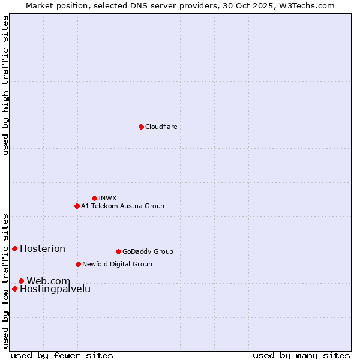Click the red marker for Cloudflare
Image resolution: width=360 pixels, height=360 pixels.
click(x=141, y=127)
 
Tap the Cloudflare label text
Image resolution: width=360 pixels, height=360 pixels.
click(x=161, y=127)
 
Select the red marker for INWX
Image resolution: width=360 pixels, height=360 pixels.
click(x=94, y=198)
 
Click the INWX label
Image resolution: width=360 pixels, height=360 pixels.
click(x=107, y=198)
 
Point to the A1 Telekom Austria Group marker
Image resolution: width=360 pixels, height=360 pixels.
click(x=77, y=206)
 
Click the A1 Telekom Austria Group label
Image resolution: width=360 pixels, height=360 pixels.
click(x=122, y=206)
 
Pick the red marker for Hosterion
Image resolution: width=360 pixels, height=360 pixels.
click(x=14, y=248)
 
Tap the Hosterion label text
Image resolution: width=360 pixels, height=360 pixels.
click(x=43, y=249)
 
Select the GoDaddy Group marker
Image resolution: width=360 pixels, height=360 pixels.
click(x=118, y=251)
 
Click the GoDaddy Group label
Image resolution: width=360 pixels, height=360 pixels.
click(x=148, y=251)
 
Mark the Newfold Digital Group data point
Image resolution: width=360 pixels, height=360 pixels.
click(x=78, y=264)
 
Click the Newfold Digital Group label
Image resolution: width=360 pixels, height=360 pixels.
click(x=117, y=264)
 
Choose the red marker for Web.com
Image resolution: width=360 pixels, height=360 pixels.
click(x=21, y=281)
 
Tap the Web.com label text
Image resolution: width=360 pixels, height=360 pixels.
click(x=48, y=281)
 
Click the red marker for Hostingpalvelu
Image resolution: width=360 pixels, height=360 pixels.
click(x=14, y=289)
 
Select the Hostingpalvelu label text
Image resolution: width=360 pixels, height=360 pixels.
click(x=55, y=289)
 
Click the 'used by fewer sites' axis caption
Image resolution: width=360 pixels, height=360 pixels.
click(x=62, y=355)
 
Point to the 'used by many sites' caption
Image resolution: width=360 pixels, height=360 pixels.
click(x=301, y=355)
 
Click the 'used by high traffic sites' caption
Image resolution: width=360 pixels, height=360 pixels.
click(x=5, y=85)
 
